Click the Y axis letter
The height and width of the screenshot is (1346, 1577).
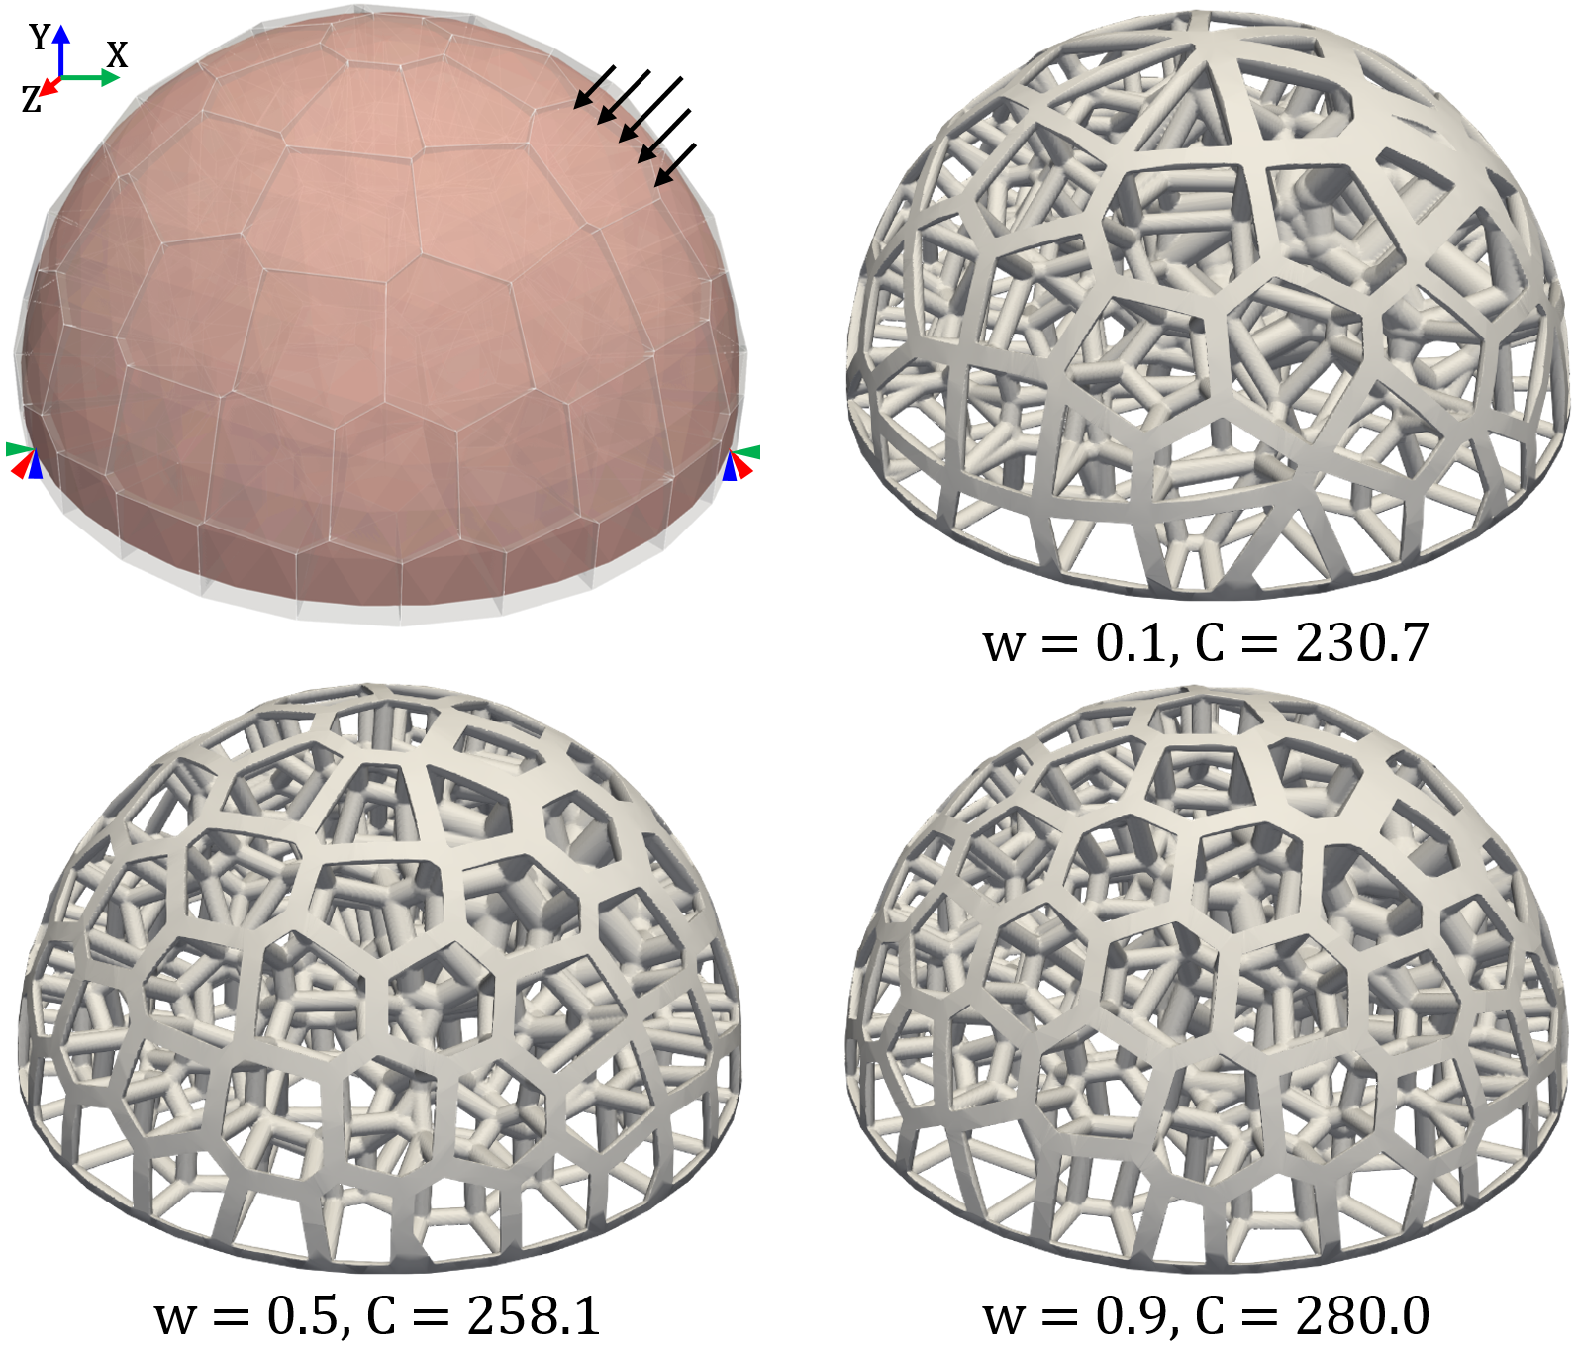pyautogui.click(x=40, y=37)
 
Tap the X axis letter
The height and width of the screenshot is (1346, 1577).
pyautogui.click(x=117, y=54)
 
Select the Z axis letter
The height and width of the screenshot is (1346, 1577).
pyautogui.click(x=32, y=99)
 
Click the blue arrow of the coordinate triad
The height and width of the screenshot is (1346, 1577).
pyautogui.click(x=61, y=51)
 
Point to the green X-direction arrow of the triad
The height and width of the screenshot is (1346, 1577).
pyautogui.click(x=90, y=77)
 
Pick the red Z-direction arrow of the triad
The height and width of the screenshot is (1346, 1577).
pyautogui.click(x=49, y=87)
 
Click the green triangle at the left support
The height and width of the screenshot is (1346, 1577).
pyautogui.click(x=20, y=450)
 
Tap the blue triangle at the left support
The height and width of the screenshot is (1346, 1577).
pyautogui.click(x=36, y=465)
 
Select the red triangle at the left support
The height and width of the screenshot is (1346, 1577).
pyautogui.click(x=22, y=465)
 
